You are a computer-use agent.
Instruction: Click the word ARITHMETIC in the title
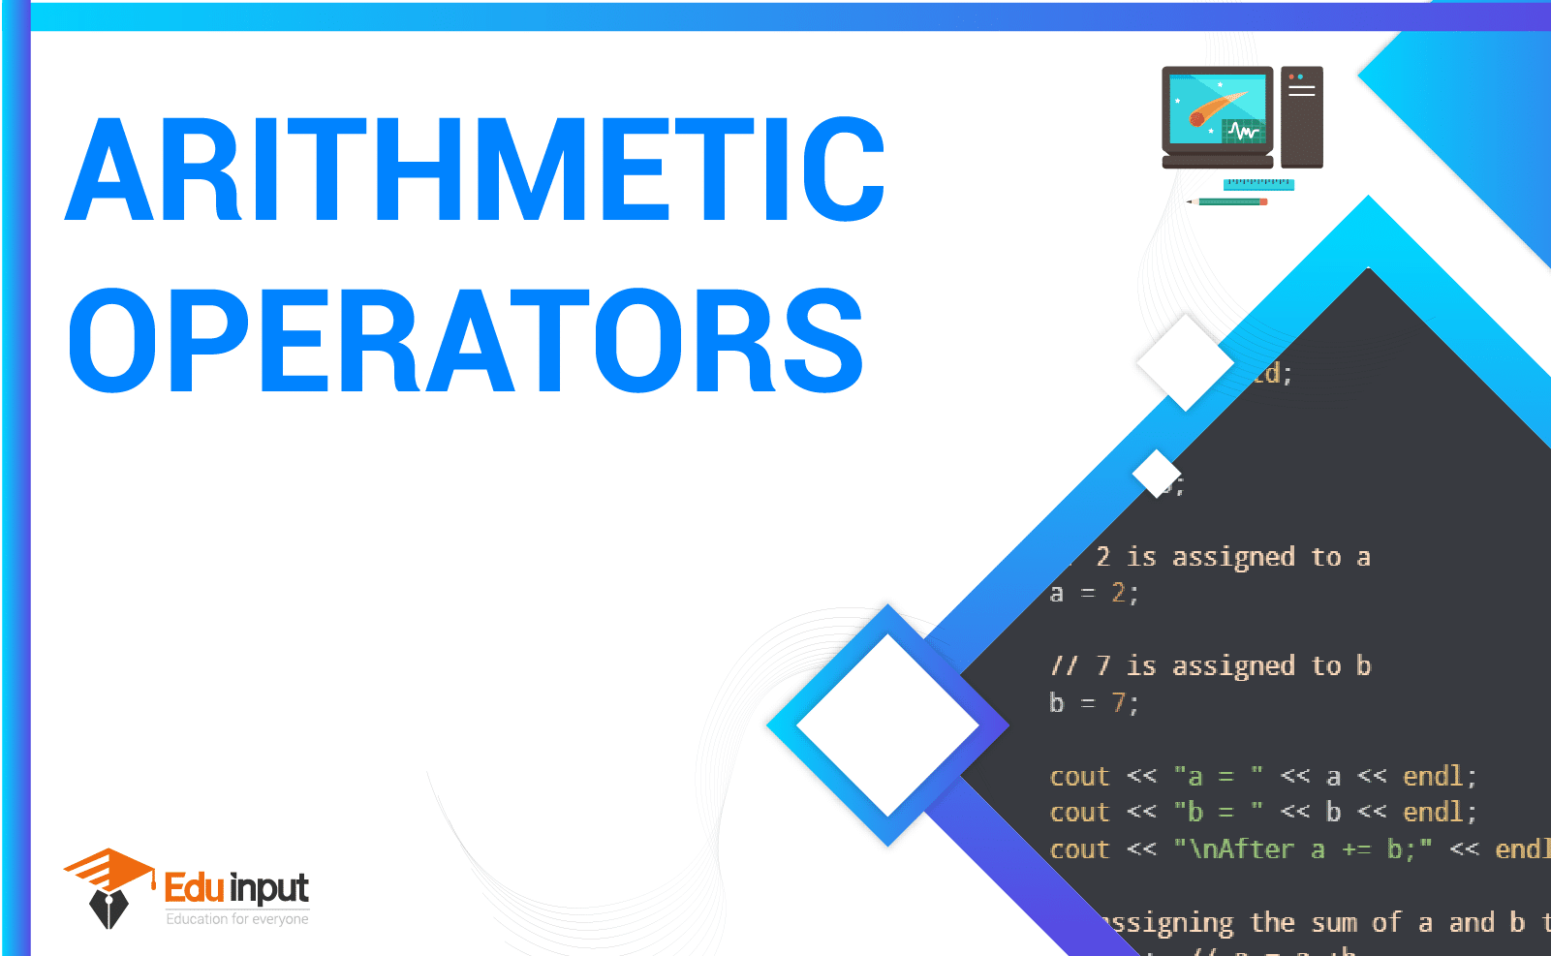[475, 170]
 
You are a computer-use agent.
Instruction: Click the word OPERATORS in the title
[465, 341]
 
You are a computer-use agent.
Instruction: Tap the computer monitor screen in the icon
[1217, 109]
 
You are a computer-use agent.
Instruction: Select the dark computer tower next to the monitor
[1301, 116]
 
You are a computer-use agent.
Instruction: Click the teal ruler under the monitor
[1257, 183]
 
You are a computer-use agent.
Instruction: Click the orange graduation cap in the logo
[109, 869]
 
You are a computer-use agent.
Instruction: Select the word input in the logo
[270, 888]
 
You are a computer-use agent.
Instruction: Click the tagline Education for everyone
[237, 919]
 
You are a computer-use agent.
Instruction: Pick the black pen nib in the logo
[109, 909]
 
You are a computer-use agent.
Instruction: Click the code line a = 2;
[1094, 593]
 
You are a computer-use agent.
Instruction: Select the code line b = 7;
[1094, 702]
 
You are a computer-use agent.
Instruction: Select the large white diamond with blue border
[887, 725]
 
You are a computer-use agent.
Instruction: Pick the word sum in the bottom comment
[1334, 923]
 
